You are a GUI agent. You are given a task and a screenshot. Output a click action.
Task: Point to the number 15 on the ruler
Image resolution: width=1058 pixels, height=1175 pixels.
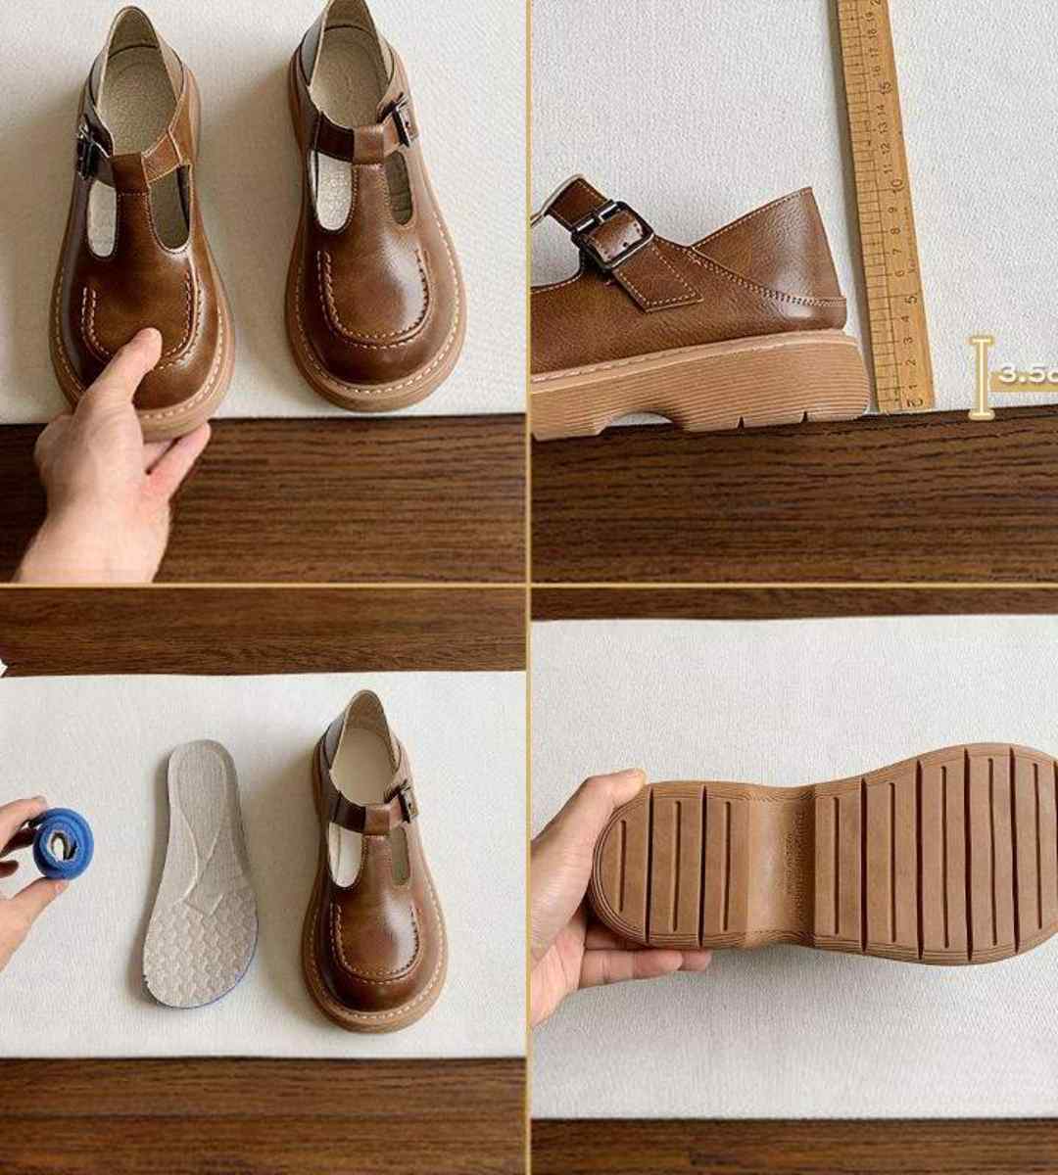885,86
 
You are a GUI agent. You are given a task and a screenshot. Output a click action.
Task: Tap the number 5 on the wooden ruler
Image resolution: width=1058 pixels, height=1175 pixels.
909,294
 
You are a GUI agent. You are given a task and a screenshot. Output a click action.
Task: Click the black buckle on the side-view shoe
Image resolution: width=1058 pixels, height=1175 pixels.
614,235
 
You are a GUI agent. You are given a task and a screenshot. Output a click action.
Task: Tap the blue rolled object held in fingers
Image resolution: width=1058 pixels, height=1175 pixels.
63,841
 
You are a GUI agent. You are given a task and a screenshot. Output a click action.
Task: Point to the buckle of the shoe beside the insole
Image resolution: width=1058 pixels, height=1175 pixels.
401,801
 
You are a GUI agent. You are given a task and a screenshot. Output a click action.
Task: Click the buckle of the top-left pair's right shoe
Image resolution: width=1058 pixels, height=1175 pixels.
398,121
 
